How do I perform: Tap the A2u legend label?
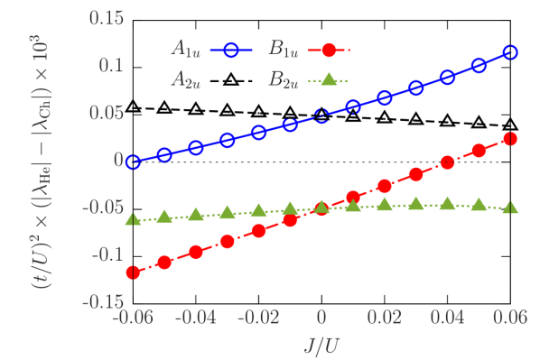pyautogui.click(x=188, y=79)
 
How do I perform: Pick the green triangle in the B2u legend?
pyautogui.click(x=329, y=79)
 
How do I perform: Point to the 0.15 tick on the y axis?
pyautogui.click(x=107, y=17)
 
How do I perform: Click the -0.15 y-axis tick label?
pyautogui.click(x=102, y=301)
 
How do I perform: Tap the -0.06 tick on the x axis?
pyautogui.click(x=133, y=318)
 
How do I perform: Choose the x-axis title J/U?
pyautogui.click(x=321, y=346)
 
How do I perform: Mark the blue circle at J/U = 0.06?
pyautogui.click(x=510, y=52)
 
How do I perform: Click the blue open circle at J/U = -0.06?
pyautogui.click(x=133, y=162)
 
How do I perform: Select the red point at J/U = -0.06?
pyautogui.click(x=133, y=272)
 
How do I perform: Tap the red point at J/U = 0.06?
pyautogui.click(x=510, y=138)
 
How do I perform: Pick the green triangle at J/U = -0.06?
pyautogui.click(x=133, y=220)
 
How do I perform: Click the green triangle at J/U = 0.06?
pyautogui.click(x=510, y=208)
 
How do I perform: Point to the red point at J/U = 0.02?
pyautogui.click(x=385, y=185)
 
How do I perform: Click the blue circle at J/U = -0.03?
pyautogui.click(x=228, y=140)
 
